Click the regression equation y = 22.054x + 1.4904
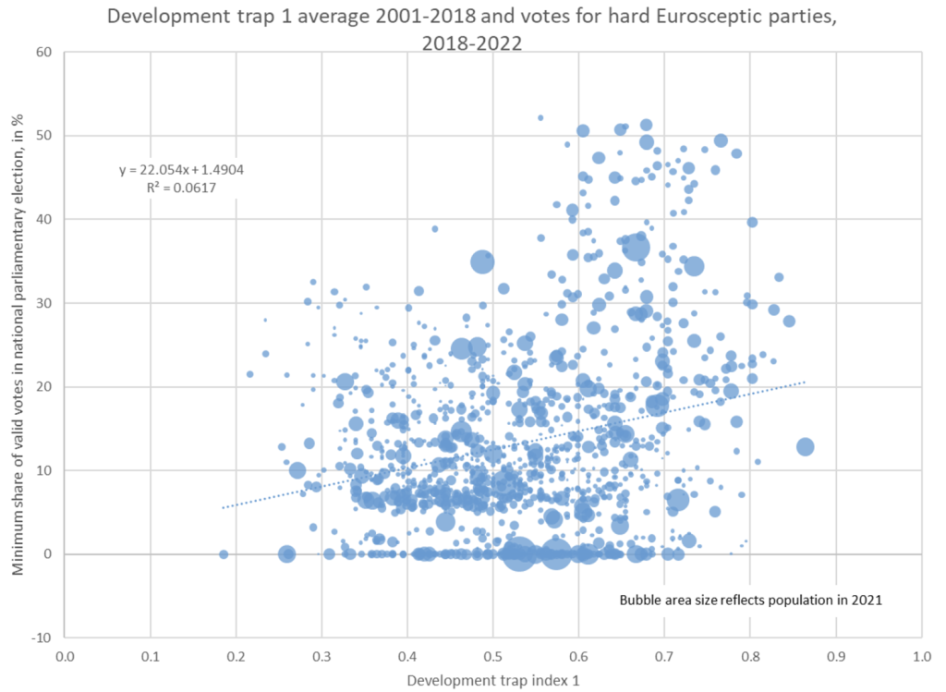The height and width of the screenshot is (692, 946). tap(181, 169)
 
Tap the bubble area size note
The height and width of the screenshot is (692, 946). tap(751, 600)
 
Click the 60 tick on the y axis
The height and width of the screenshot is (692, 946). tap(43, 52)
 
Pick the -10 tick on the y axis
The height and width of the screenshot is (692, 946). tap(42, 637)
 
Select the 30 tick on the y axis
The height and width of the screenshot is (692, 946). tap(43, 303)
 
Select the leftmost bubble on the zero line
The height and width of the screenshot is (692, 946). tap(224, 554)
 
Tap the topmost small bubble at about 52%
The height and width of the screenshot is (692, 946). tap(540, 117)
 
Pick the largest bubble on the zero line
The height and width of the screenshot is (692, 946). tap(519, 553)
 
